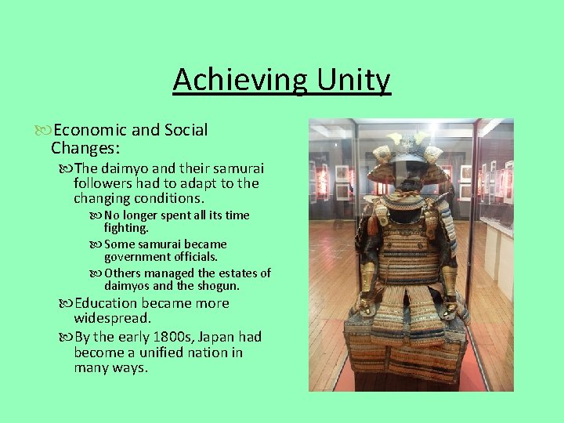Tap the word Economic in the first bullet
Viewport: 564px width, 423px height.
pyautogui.click(x=85, y=130)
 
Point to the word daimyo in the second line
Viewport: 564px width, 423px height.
pyautogui.click(x=128, y=168)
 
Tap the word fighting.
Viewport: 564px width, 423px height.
pyautogui.click(x=125, y=228)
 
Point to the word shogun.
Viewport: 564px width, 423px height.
pyautogui.click(x=220, y=286)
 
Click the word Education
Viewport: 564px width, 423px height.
pyautogui.click(x=107, y=303)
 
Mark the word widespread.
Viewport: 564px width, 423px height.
pyautogui.click(x=112, y=319)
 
